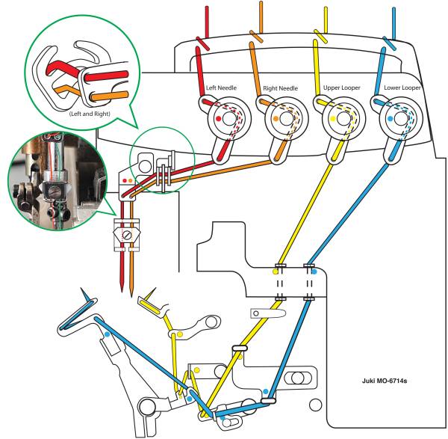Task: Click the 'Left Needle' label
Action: [221, 88]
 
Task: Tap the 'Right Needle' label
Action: [281, 88]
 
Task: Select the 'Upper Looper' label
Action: [340, 88]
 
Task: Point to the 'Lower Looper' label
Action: [401, 88]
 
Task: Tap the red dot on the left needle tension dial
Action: [217, 119]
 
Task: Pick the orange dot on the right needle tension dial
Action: [276, 119]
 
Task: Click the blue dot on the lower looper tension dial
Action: [391, 119]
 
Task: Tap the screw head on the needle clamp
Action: [127, 233]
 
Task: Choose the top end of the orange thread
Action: [261, 4]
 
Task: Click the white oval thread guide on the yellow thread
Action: [240, 348]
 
